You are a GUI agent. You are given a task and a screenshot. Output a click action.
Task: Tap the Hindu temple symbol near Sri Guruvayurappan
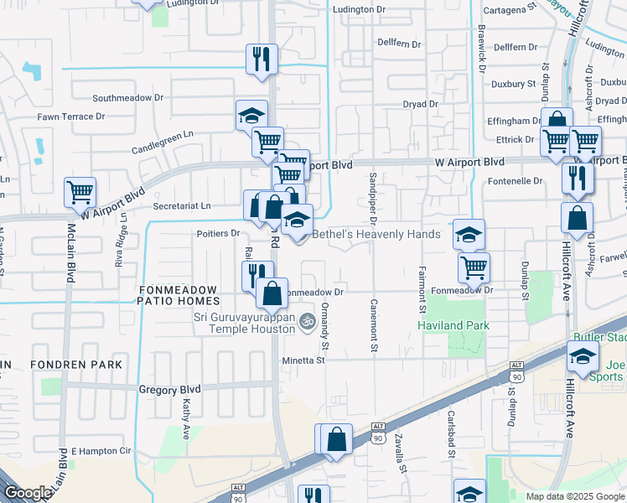coord(308,319)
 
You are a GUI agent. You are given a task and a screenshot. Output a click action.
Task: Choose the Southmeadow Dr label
coord(128,97)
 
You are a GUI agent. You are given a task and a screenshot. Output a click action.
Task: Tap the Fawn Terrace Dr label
coord(70,117)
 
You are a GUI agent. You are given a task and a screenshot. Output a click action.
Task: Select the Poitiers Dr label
coord(218,233)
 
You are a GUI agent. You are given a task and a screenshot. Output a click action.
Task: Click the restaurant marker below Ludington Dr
coord(262,59)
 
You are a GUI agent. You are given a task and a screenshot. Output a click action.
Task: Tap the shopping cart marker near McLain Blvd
coord(80,192)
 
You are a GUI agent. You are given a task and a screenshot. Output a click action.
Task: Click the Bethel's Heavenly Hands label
coord(376,234)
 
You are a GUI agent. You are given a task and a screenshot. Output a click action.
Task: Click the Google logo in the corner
coord(27,492)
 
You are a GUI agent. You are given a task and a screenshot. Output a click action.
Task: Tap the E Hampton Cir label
coord(102,451)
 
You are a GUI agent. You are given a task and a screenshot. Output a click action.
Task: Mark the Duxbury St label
coord(513,84)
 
